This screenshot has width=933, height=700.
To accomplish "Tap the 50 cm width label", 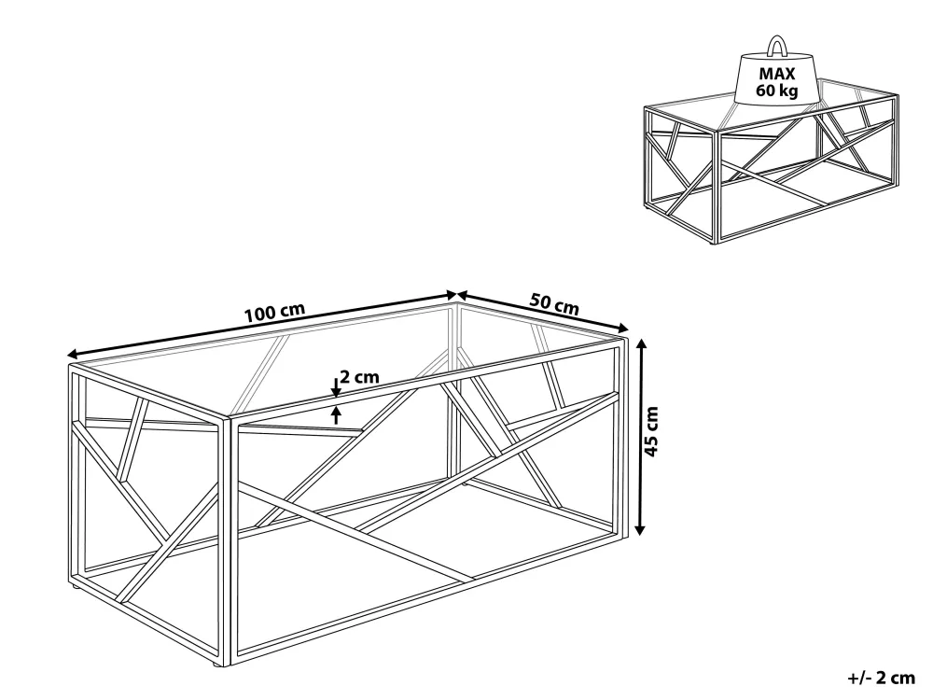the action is click(x=554, y=304).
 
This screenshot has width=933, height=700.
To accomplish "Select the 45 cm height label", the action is click(x=652, y=431).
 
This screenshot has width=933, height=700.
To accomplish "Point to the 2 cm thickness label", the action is click(x=359, y=377).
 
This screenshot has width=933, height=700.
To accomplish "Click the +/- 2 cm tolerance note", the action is click(x=882, y=678).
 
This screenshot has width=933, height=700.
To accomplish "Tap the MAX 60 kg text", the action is click(x=777, y=82).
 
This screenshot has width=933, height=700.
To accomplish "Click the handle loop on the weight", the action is click(x=777, y=46).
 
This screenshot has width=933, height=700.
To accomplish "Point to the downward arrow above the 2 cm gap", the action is click(x=336, y=388).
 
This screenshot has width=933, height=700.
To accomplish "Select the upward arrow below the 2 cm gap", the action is click(x=337, y=415).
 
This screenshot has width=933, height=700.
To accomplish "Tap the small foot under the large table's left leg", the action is click(x=76, y=588).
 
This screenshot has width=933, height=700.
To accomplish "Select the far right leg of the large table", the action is click(x=621, y=435).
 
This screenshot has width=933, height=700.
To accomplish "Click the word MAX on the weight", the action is click(x=777, y=74).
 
